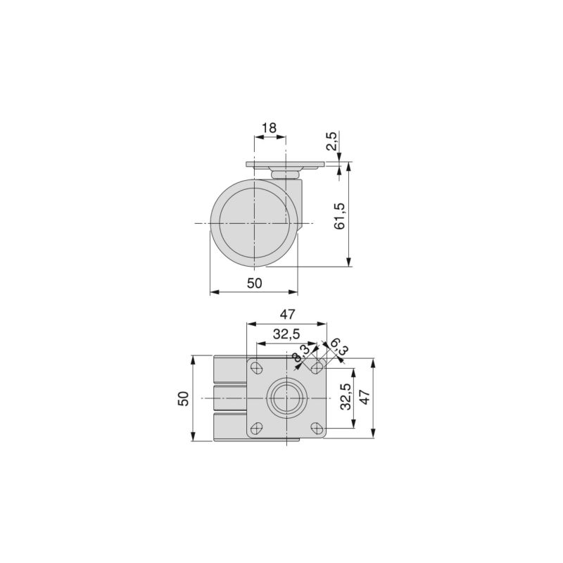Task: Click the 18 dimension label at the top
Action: pyautogui.click(x=269, y=128)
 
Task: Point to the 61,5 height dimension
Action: pyautogui.click(x=339, y=216)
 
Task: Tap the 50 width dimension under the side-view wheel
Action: pyautogui.click(x=254, y=283)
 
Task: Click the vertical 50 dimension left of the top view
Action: pyautogui.click(x=183, y=398)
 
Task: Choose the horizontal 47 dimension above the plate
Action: pyautogui.click(x=287, y=314)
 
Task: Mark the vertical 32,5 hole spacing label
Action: pyautogui.click(x=345, y=398)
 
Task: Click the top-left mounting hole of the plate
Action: pyautogui.click(x=258, y=367)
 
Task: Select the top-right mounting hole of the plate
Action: pyautogui.click(x=317, y=367)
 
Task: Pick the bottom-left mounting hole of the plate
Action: pyautogui.click(x=258, y=427)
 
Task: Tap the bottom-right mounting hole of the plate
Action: pyautogui.click(x=317, y=427)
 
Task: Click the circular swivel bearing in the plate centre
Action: pyautogui.click(x=286, y=398)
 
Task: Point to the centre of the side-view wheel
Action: pyautogui.click(x=254, y=223)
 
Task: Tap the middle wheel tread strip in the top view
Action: pyautogui.click(x=229, y=398)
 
